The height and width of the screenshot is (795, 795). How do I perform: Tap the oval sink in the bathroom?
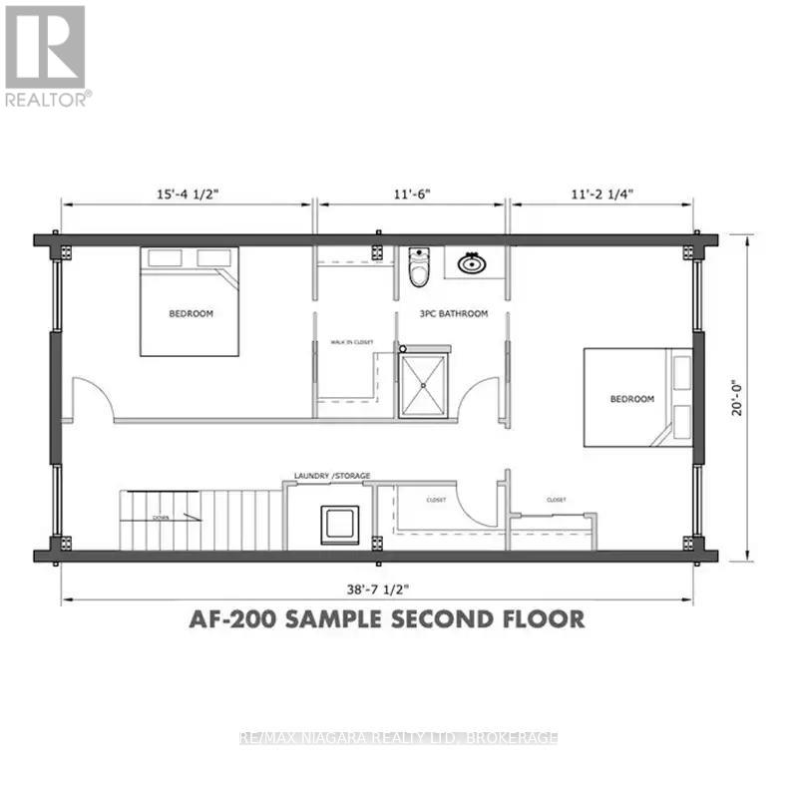[x=470, y=263]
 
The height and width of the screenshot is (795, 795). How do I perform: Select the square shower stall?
[x=426, y=385]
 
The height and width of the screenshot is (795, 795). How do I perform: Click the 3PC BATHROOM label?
[x=454, y=314]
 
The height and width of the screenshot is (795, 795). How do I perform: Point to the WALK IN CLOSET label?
[x=351, y=342]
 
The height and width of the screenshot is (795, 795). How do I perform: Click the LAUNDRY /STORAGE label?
[x=332, y=477]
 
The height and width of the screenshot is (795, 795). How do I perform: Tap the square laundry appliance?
[x=340, y=525]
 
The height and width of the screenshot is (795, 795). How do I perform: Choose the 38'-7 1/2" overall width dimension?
[x=377, y=583]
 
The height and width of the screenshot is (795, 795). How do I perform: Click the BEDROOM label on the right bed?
[x=632, y=399]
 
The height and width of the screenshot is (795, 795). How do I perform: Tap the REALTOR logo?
[x=46, y=55]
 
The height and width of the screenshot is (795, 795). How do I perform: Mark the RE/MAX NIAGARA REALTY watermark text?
[x=400, y=738]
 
